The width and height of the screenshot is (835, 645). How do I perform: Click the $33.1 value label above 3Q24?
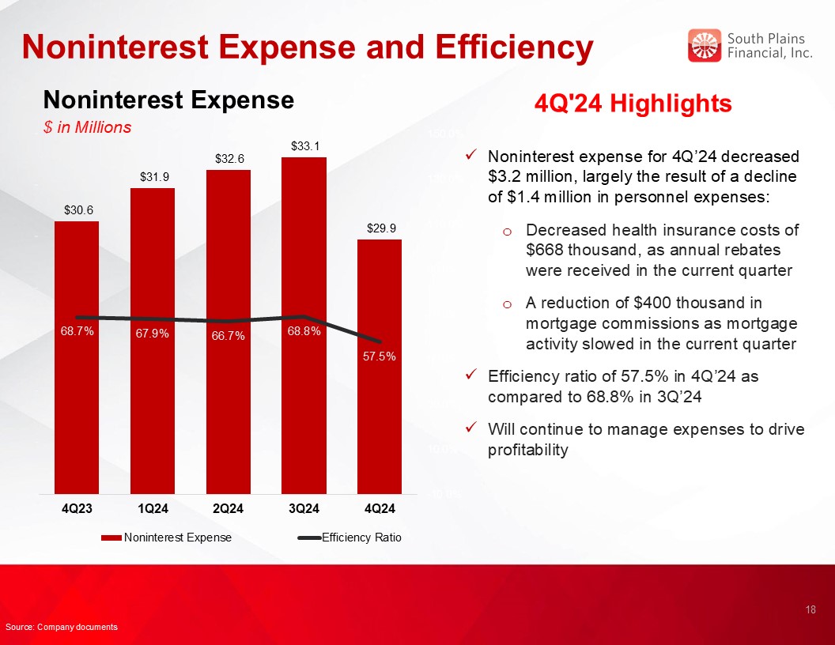[x=304, y=145]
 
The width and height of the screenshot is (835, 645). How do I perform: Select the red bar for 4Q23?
[x=77, y=357]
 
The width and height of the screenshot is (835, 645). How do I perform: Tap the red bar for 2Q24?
[x=229, y=332]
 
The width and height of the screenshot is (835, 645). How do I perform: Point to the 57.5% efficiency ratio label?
[x=380, y=356]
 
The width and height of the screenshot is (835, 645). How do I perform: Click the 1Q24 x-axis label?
[x=153, y=509]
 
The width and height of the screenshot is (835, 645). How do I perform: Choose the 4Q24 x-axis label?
[x=380, y=509]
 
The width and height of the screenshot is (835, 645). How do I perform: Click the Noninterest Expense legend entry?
[x=166, y=537]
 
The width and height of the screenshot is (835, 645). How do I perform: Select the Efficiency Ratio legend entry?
[x=349, y=537]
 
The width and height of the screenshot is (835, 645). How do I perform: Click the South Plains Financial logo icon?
[x=704, y=45]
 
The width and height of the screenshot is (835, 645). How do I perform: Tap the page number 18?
[x=810, y=610]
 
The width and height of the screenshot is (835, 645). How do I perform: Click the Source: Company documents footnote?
[x=61, y=627]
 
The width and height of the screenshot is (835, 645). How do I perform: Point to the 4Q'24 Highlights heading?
[x=633, y=104]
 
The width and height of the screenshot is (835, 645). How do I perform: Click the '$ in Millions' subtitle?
[x=87, y=127]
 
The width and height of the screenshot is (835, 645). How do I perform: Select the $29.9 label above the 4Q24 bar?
[x=381, y=228]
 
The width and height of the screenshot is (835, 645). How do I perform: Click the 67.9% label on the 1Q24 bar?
[x=153, y=334]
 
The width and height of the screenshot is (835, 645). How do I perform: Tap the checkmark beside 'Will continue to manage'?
[x=470, y=428]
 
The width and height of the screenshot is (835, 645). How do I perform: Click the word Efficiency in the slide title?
[x=514, y=47]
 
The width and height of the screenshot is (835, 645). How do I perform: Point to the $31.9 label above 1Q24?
[x=154, y=177]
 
